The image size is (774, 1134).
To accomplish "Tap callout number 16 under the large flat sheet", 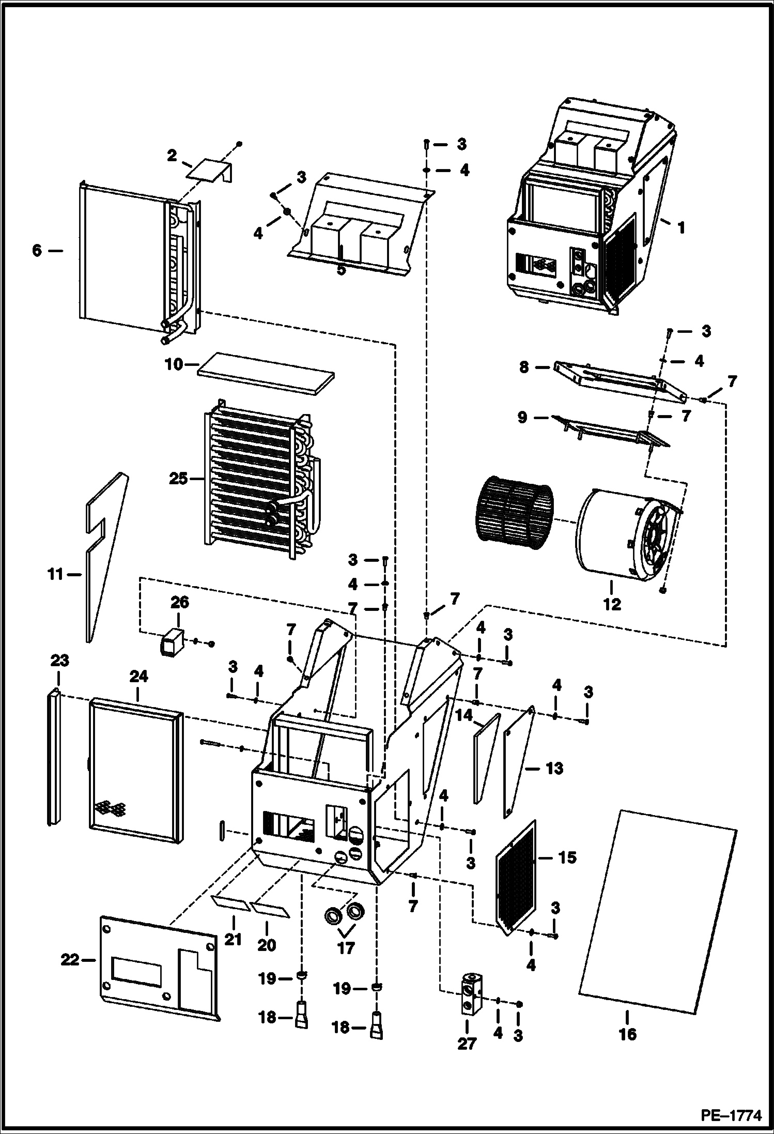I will pyautogui.click(x=628, y=1034).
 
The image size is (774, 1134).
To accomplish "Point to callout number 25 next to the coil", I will pyautogui.click(x=178, y=479).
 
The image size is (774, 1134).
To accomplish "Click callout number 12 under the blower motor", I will pyautogui.click(x=612, y=604).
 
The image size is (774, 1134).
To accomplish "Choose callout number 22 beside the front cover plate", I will pyautogui.click(x=70, y=960).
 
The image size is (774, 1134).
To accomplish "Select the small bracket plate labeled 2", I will pyautogui.click(x=210, y=170).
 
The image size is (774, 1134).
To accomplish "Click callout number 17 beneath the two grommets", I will pyautogui.click(x=346, y=947).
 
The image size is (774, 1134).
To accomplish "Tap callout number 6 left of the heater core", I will pyautogui.click(x=37, y=251).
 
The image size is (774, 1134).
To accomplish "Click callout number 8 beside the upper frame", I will pyautogui.click(x=524, y=368).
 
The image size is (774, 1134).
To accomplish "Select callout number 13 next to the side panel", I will pyautogui.click(x=554, y=769).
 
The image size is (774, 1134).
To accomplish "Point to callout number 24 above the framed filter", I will pyautogui.click(x=138, y=676).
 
